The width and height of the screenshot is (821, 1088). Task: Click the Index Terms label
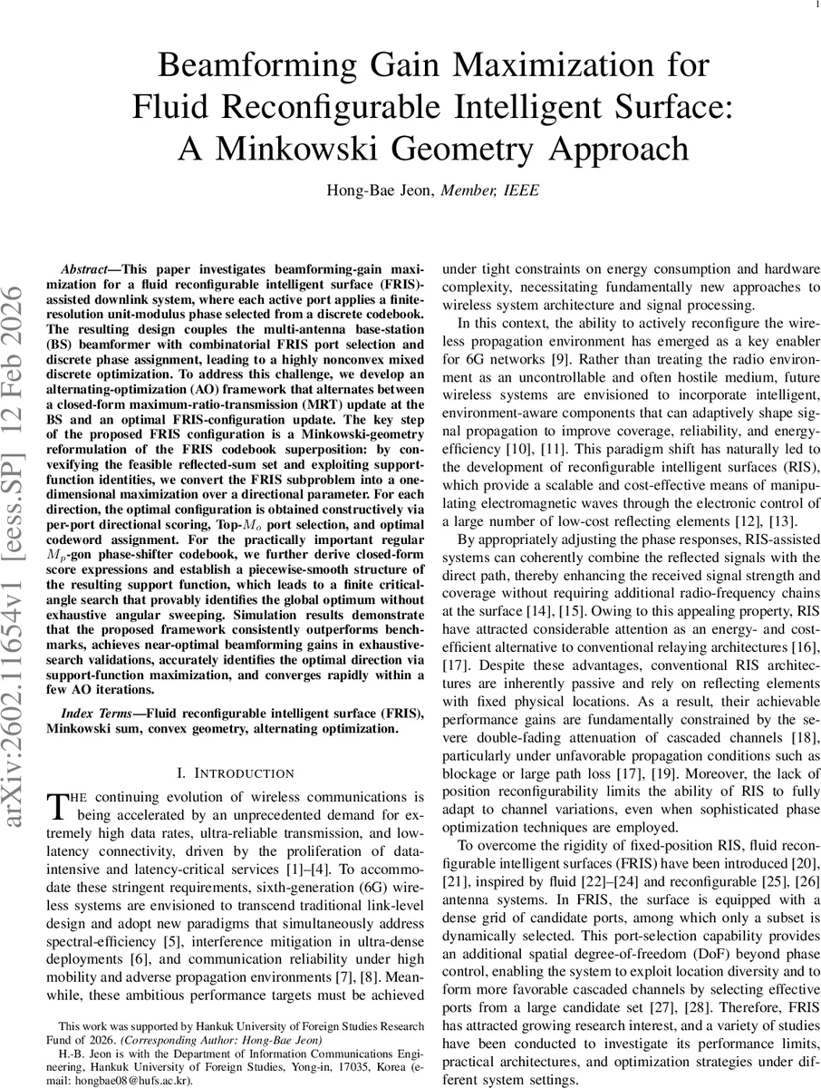[92, 713]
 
